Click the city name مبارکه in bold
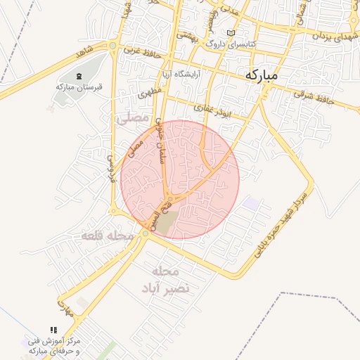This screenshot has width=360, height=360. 272,74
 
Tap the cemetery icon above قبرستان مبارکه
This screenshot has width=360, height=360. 79,75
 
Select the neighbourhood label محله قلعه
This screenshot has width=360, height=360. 108,236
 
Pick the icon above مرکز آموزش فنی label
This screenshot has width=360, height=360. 53,329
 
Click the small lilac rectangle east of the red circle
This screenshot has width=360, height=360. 251,204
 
